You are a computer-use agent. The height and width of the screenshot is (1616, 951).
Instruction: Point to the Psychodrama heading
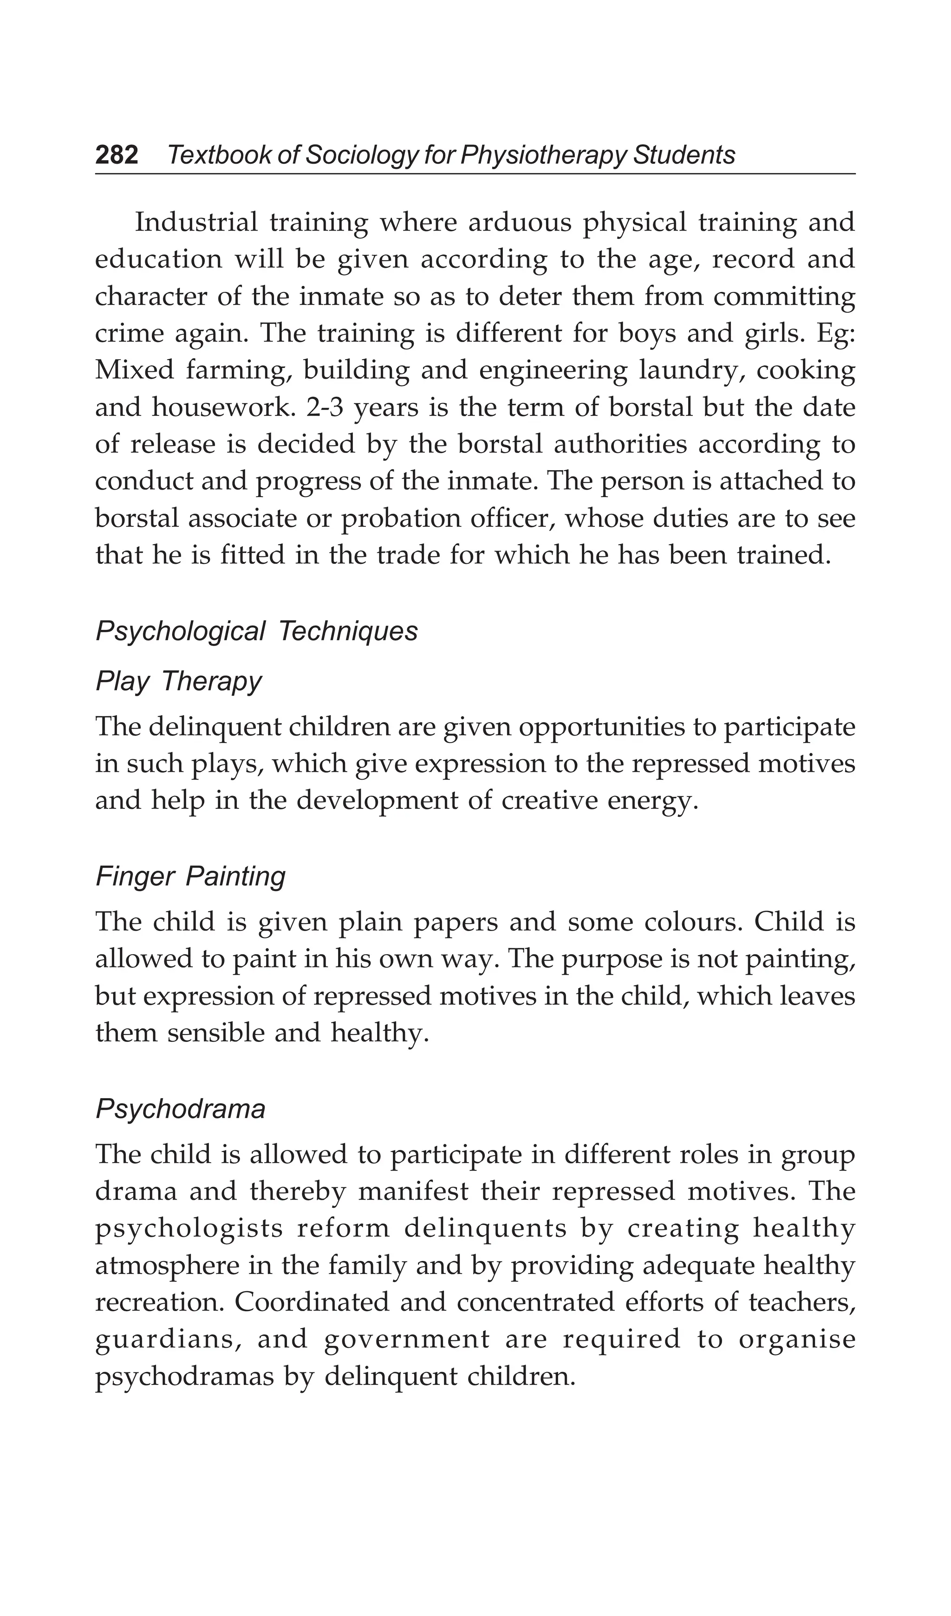coord(180,1109)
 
